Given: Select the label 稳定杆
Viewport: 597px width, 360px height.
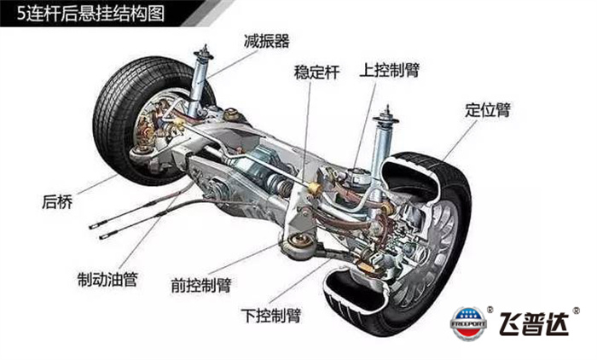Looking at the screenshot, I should (316, 73).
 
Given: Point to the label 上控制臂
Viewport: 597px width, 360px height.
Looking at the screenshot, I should (395, 67).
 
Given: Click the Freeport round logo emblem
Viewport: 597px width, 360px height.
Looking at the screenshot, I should (469, 322).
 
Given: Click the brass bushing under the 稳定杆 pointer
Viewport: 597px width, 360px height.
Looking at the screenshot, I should (315, 185).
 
